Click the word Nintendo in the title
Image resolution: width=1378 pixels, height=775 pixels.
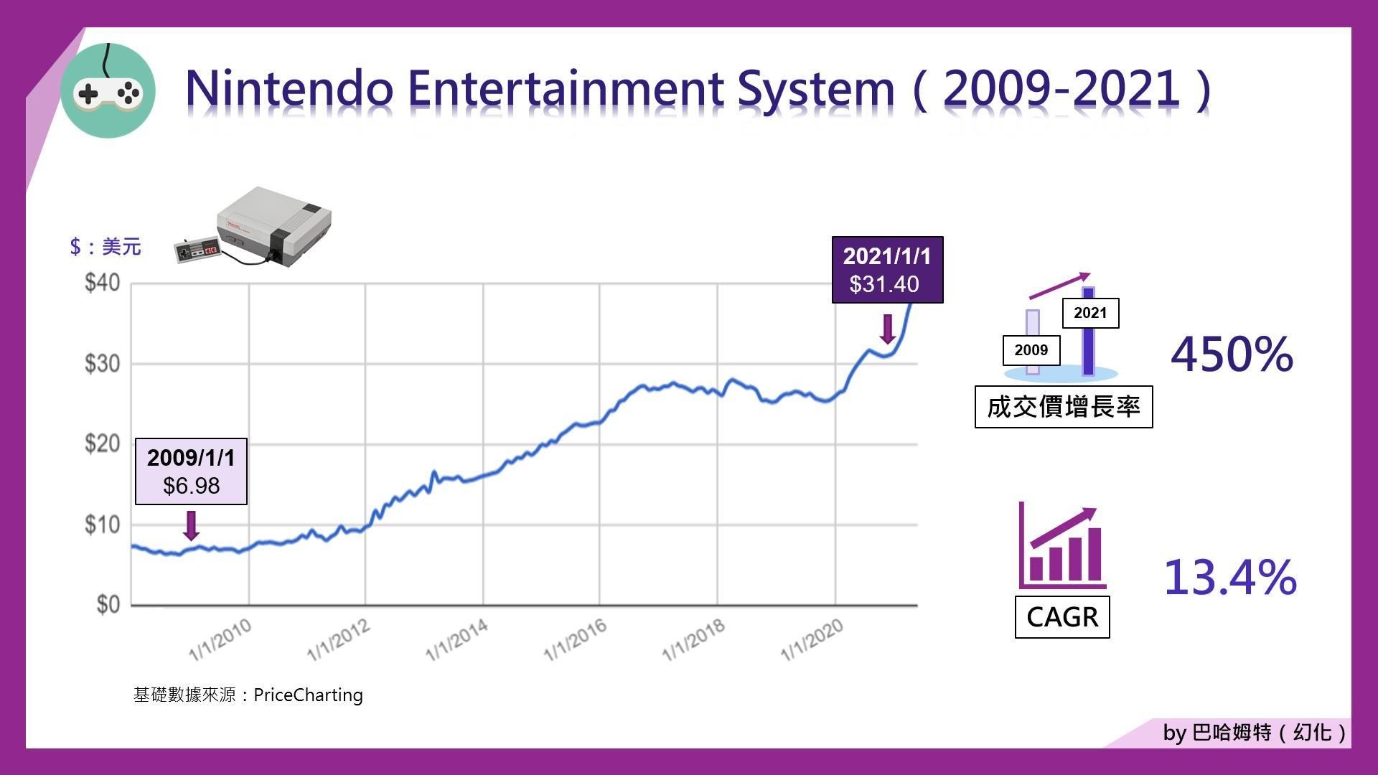(x=290, y=88)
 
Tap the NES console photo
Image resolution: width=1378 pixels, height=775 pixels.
(x=253, y=226)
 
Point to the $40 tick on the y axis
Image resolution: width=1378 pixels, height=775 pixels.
(x=102, y=283)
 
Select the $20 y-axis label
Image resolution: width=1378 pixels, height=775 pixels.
(x=102, y=443)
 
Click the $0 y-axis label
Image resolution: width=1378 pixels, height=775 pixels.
(x=108, y=604)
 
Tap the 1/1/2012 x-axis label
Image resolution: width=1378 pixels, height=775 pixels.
(x=339, y=639)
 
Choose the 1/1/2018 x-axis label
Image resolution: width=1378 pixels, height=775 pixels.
(x=693, y=639)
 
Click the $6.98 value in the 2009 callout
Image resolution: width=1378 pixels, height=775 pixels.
(x=191, y=486)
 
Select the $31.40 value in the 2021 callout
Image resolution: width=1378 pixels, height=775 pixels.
(x=884, y=284)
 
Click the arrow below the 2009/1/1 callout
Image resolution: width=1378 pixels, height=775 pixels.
(x=191, y=525)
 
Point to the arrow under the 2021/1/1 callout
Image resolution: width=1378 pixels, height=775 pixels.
(x=888, y=329)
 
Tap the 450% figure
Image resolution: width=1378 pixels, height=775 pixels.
(x=1232, y=354)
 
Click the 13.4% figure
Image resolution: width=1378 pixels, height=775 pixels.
(x=1230, y=578)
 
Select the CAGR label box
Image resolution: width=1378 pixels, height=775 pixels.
(x=1062, y=616)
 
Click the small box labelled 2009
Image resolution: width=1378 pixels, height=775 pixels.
(x=1031, y=350)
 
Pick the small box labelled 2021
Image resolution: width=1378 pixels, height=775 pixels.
(x=1090, y=313)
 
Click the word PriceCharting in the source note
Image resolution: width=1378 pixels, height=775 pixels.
(x=308, y=695)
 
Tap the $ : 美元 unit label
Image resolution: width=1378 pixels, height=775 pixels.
(x=106, y=247)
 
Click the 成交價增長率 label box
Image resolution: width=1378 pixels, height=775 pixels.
(x=1064, y=407)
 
